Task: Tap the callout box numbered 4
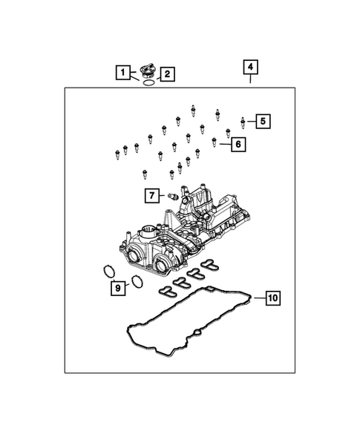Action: pyautogui.click(x=250, y=68)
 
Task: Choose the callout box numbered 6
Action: pyautogui.click(x=237, y=144)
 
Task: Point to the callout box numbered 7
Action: pyautogui.click(x=151, y=196)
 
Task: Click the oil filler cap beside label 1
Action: pyautogui.click(x=145, y=71)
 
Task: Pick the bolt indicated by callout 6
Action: pyautogui.click(x=215, y=141)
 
